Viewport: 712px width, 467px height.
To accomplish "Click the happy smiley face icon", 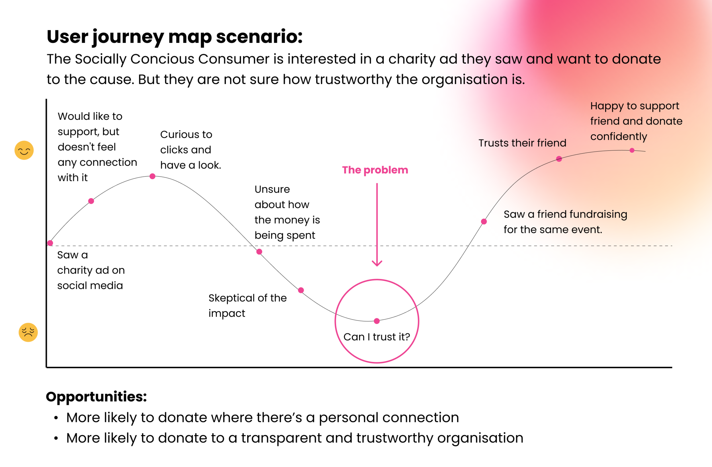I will (24, 150).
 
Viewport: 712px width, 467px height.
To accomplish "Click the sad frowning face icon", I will (28, 332).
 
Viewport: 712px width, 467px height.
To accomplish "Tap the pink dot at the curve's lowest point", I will (377, 321).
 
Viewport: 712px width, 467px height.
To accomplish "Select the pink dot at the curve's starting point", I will (50, 243).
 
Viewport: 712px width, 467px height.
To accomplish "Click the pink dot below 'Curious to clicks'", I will (152, 176).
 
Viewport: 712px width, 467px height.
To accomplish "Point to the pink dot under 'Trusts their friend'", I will (559, 159).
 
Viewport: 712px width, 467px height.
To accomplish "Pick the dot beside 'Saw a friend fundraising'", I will (484, 221).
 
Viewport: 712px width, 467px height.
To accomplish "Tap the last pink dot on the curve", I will (632, 150).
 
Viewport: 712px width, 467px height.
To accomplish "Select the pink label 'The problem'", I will (375, 170).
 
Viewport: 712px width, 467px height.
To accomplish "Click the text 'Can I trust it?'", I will (376, 337).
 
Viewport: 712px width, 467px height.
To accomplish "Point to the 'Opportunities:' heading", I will (96, 397).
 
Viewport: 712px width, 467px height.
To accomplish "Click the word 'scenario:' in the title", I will (259, 36).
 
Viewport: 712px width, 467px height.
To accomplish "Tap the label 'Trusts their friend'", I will (522, 143).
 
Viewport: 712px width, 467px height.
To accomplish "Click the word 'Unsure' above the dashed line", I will (272, 189).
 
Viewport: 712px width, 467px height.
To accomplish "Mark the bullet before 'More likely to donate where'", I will (56, 418).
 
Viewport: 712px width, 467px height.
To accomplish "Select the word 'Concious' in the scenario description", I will (162, 59).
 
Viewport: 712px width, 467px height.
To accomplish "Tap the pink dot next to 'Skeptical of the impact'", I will (301, 290).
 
